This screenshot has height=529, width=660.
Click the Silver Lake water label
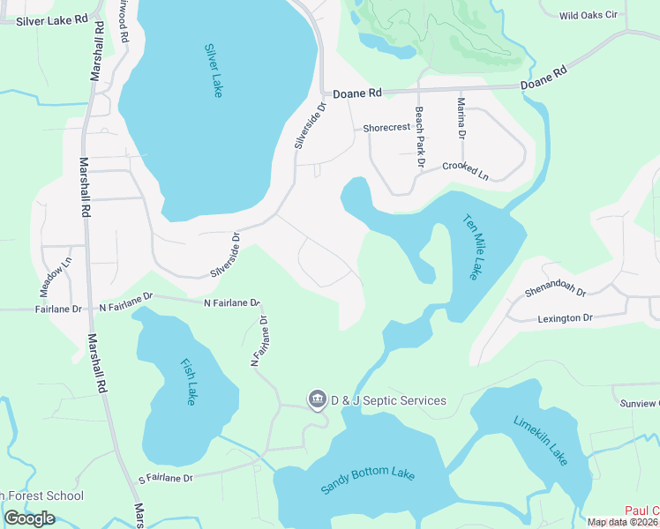coord(213,71)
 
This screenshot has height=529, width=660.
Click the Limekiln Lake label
coord(540,437)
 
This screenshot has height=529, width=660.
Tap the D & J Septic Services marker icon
coord(316,400)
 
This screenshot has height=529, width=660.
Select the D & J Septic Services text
coord(388,400)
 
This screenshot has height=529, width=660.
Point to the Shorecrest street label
coord(386,128)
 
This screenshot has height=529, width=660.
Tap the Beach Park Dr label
coord(420,138)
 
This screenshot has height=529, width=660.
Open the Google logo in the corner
coord(29,518)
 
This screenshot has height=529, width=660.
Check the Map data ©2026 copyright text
coord(623,522)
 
